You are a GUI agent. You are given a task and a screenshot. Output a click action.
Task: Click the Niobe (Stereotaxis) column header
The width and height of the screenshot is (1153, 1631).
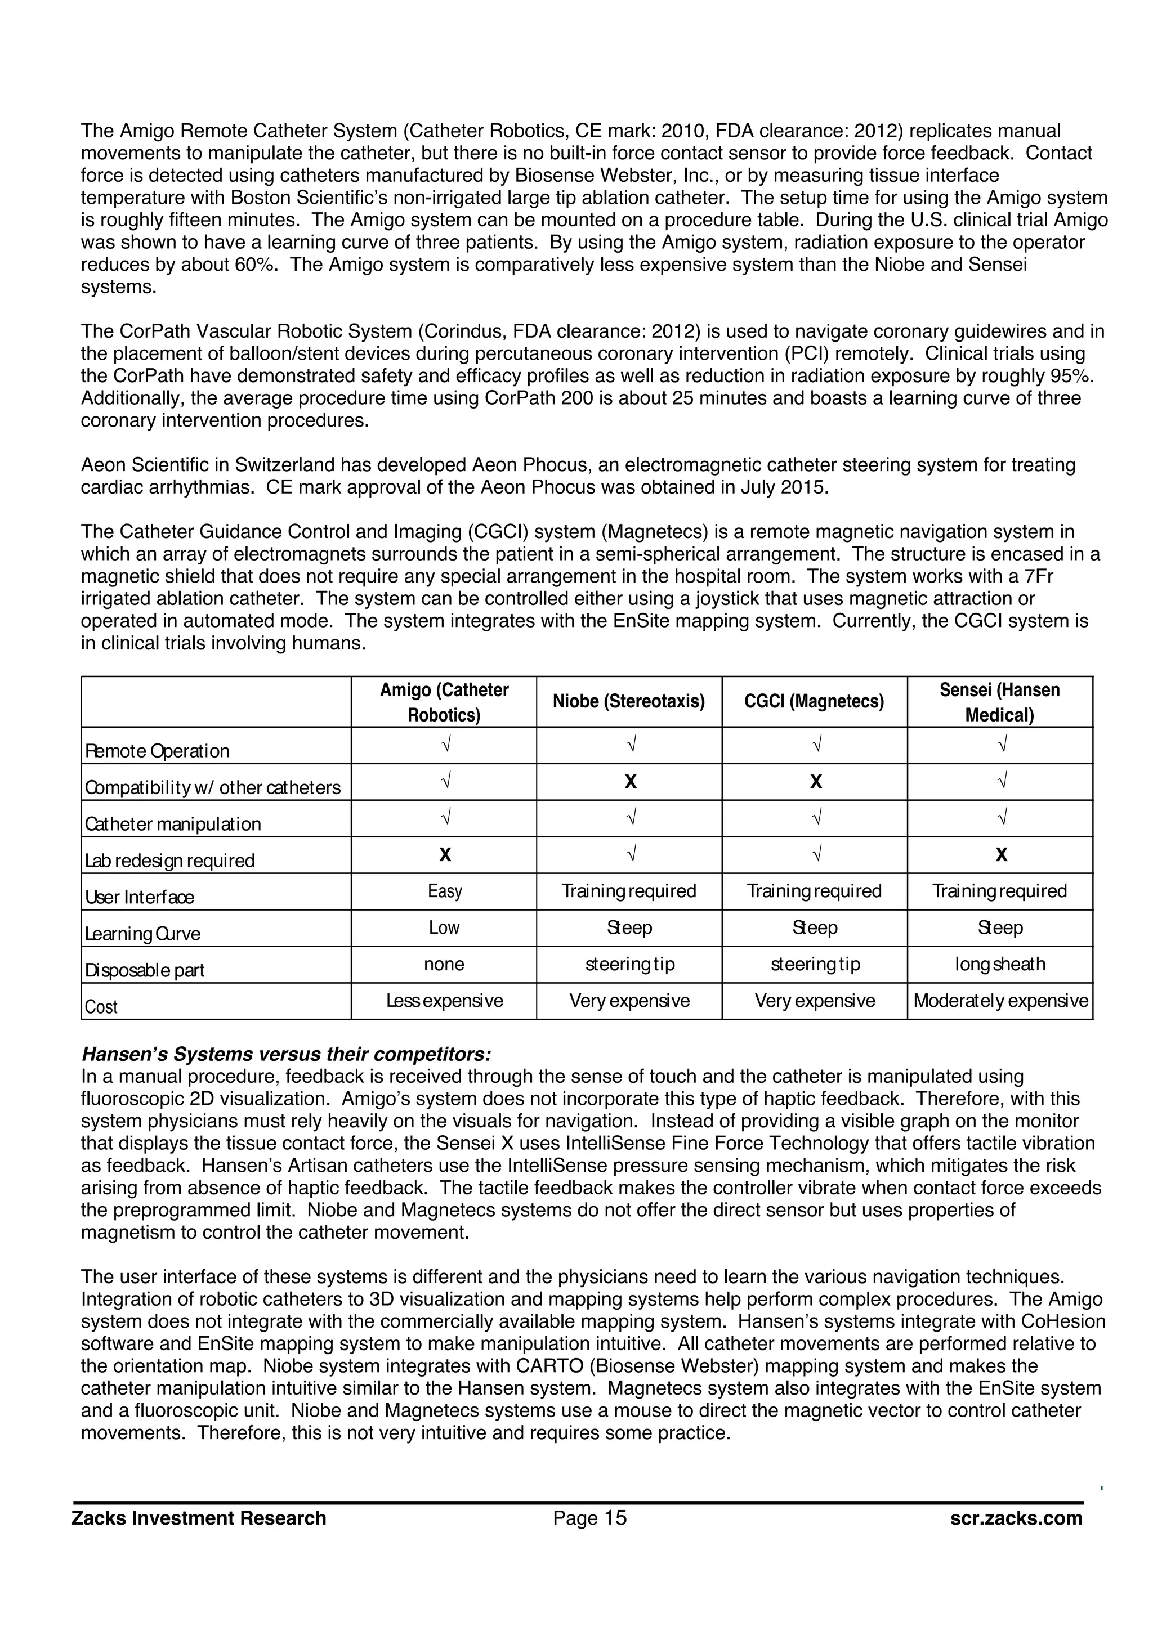(629, 702)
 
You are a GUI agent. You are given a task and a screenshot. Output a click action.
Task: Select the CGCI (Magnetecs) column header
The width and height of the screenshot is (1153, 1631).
(814, 702)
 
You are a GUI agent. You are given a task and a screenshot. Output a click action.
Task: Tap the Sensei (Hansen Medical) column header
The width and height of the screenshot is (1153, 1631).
(999, 702)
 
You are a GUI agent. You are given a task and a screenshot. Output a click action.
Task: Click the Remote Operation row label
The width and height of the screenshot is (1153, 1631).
(157, 751)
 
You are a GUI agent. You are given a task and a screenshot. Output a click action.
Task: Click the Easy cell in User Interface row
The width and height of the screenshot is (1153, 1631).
(445, 891)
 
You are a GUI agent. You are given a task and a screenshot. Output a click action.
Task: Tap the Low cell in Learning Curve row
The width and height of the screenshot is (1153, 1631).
(444, 927)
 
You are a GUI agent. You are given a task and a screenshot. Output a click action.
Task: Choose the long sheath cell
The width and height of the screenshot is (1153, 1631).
(999, 964)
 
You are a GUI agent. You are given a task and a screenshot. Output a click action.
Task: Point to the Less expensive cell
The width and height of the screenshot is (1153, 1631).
(445, 1000)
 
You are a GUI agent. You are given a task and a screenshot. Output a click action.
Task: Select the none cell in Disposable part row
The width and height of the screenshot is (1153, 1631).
(444, 964)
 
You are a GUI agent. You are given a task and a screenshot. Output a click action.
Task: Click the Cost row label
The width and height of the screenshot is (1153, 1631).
(101, 1007)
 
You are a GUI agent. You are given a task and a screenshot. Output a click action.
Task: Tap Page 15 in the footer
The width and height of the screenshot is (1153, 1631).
(589, 1518)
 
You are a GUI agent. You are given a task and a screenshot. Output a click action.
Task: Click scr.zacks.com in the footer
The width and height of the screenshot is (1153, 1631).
(1016, 1518)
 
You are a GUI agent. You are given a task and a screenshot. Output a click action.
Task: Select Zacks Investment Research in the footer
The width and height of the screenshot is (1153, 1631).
(199, 1518)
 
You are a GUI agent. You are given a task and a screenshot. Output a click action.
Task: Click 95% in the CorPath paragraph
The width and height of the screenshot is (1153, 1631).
(1071, 376)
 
